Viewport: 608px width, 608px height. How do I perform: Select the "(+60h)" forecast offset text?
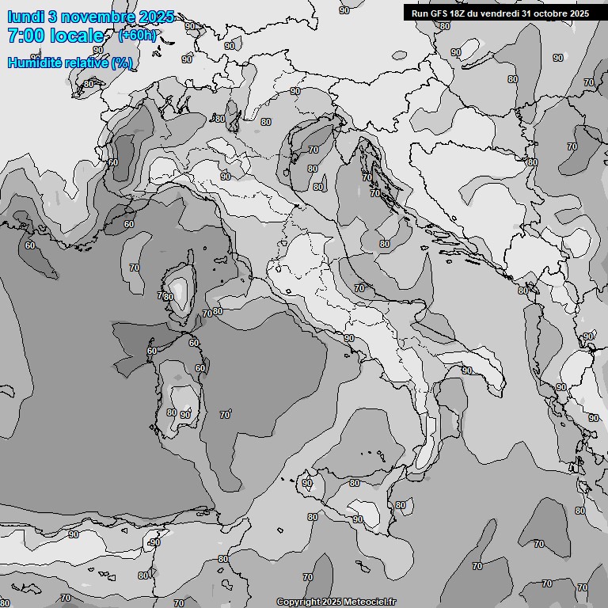(x=137, y=35)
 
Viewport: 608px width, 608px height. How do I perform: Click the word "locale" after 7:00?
(x=77, y=36)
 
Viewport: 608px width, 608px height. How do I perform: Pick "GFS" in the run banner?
(x=439, y=13)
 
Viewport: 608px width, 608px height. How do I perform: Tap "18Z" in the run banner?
(x=460, y=13)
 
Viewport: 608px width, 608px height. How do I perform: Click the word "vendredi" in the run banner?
(x=500, y=13)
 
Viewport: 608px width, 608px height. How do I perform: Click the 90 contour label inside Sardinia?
(x=185, y=414)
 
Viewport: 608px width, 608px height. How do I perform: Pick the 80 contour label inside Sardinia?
(x=172, y=412)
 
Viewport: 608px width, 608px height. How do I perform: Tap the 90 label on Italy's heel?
(x=467, y=370)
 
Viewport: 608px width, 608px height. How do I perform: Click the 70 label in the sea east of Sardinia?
(x=225, y=415)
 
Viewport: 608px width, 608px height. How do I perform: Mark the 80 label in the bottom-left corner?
(x=5, y=603)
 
